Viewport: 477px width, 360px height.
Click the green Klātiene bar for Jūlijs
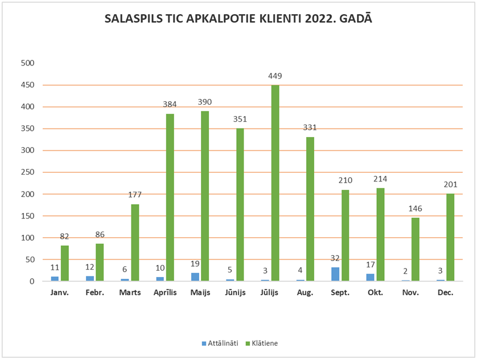tap(275, 183)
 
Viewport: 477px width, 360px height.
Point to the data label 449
tap(275, 76)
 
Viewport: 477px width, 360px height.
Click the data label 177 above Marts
tap(135, 195)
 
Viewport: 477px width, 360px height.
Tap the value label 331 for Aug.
tap(310, 127)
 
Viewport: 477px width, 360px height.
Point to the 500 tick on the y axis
tap(27, 63)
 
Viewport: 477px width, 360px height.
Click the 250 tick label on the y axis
tap(27, 172)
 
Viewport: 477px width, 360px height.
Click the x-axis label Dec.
tap(446, 292)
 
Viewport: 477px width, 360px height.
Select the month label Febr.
tap(96, 292)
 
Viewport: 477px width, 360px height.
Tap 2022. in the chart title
tap(322, 19)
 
